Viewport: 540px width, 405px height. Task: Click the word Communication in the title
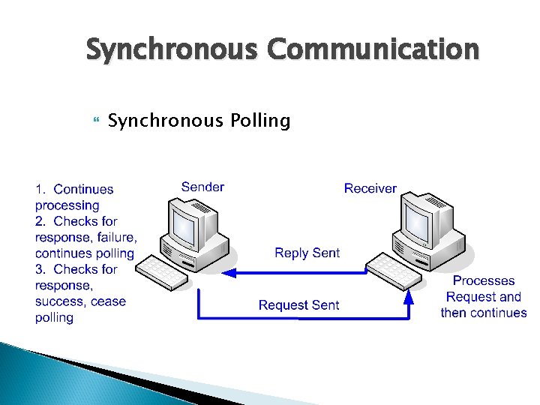tap(371, 50)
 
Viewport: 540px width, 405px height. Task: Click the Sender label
tap(202, 187)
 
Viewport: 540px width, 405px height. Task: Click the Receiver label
tap(370, 188)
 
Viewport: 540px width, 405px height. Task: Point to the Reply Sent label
tap(307, 253)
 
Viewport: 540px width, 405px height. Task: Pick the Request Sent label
tap(298, 305)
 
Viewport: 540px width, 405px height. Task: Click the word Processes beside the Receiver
tap(484, 280)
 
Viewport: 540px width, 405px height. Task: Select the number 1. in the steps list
tap(42, 190)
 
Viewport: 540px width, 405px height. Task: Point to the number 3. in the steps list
tap(42, 269)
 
